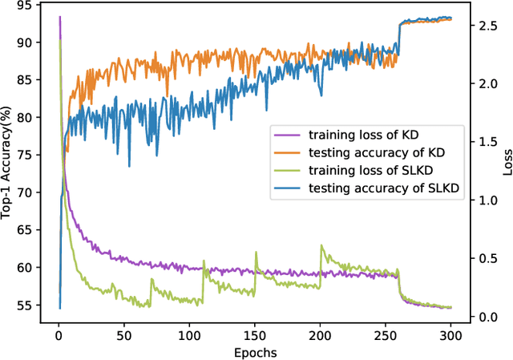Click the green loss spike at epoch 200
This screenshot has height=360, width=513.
[x=321, y=246]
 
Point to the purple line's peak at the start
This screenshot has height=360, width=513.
[x=59, y=17]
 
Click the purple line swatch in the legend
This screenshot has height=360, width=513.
[x=287, y=133]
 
